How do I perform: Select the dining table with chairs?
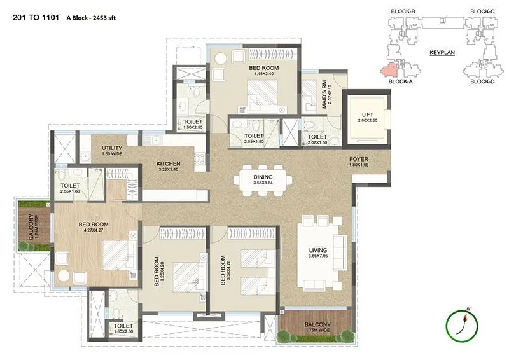[x=263, y=179]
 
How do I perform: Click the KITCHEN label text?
[x=169, y=163]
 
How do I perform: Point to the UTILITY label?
[x=112, y=149]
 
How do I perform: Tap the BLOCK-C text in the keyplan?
[x=482, y=11]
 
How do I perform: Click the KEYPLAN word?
[x=440, y=53]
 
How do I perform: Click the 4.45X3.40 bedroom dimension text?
[x=261, y=74]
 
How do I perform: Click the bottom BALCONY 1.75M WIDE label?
[x=316, y=326]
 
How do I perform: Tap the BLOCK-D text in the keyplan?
[x=482, y=81]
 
